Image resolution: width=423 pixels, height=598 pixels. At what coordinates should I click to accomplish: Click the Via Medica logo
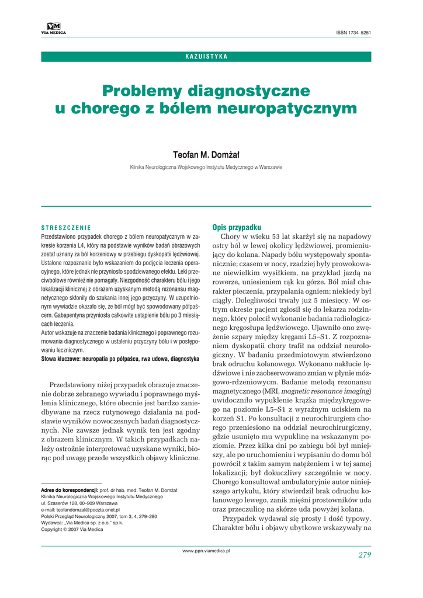53,27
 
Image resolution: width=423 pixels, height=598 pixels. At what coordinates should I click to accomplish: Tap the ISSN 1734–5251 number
353,32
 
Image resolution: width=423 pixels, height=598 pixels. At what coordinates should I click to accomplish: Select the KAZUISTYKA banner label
206,57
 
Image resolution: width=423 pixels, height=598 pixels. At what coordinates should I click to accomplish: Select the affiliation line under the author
206,167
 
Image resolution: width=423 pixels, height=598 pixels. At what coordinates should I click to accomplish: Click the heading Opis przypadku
236,227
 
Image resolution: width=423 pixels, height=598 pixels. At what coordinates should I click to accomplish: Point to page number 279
365,555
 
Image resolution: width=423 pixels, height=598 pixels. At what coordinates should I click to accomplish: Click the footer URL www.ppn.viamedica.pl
206,551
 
